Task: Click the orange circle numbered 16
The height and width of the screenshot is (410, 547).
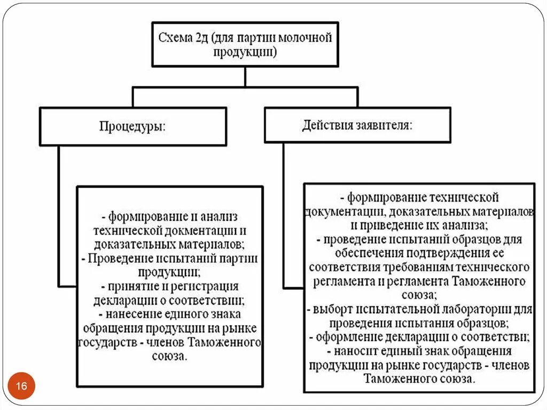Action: tap(21, 386)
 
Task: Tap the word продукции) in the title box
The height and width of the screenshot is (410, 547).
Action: tap(245, 52)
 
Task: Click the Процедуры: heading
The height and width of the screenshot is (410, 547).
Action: tap(132, 127)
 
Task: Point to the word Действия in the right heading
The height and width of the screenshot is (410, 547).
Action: tap(326, 126)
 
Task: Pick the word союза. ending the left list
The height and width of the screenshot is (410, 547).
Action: tap(170, 355)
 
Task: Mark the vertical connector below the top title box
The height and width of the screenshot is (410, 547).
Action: tap(245, 76)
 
